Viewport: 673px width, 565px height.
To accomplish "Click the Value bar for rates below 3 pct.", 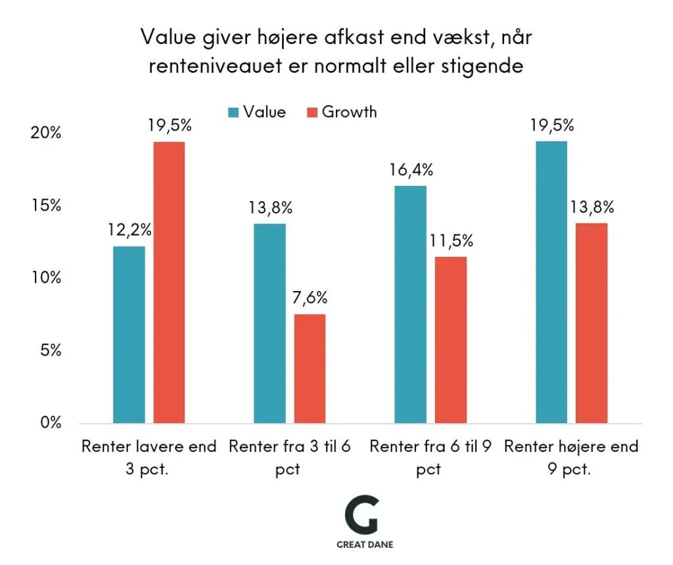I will [129, 334].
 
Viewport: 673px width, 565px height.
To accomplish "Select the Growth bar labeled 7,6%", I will [310, 369].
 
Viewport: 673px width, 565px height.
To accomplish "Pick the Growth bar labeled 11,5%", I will [451, 340].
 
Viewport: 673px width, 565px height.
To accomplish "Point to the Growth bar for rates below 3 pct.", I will [169, 282].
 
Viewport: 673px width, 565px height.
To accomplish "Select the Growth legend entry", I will [342, 112].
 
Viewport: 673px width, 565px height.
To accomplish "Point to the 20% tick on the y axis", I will [47, 133].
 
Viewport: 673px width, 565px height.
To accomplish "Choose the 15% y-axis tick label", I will [47, 206].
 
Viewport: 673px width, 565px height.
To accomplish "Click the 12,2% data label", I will [130, 230].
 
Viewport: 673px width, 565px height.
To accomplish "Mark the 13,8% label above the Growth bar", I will [592, 208].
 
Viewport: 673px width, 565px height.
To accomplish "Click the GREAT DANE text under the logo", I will [365, 545].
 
